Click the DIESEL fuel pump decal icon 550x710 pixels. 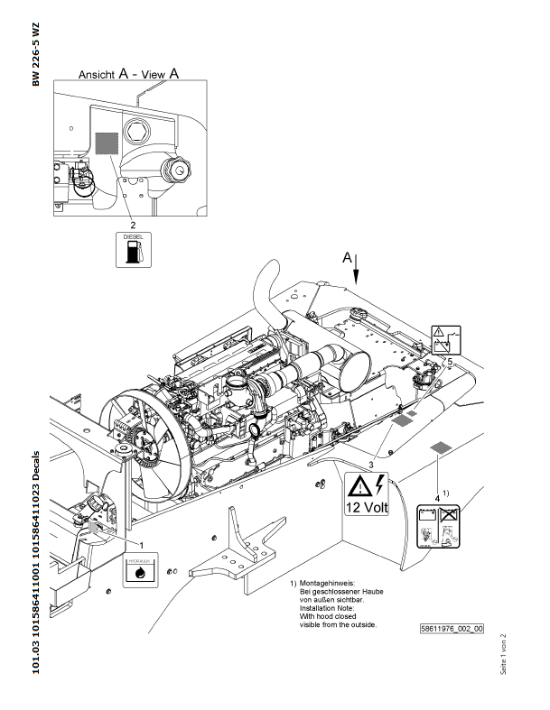click(x=134, y=249)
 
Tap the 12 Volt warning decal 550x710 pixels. click(x=365, y=494)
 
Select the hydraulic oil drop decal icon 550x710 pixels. click(x=140, y=572)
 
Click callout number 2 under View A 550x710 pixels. click(x=133, y=223)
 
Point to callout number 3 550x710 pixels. click(x=369, y=463)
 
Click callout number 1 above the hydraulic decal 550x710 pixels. click(x=141, y=544)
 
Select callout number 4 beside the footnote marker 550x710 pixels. click(x=437, y=496)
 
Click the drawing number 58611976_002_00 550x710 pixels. click(x=452, y=629)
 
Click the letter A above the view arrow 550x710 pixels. click(x=346, y=257)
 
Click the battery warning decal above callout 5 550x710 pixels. click(x=446, y=340)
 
